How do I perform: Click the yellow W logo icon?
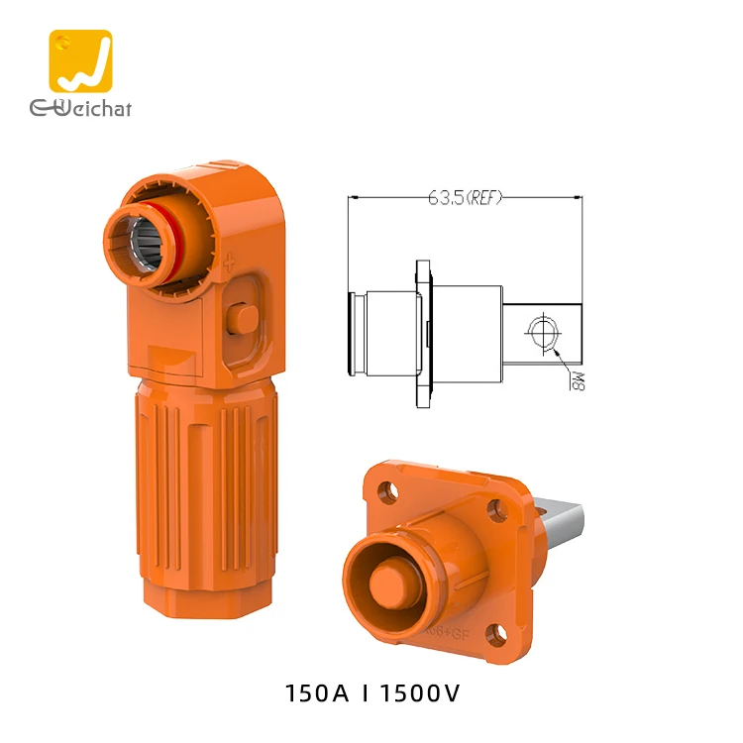point(80,61)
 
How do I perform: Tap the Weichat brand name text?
point(80,107)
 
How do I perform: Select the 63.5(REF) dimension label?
point(465,197)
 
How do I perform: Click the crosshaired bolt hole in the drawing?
point(544,332)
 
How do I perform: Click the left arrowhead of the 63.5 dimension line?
point(353,197)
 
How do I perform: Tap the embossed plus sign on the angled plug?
point(231,264)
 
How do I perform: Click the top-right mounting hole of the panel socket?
point(496,510)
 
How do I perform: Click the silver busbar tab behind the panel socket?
point(564,525)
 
